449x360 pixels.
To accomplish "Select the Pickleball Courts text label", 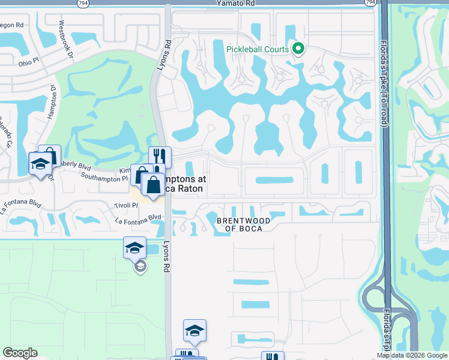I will [258, 49].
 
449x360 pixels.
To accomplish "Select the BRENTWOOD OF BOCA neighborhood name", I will [243, 224].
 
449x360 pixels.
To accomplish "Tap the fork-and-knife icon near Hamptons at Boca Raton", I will [160, 157].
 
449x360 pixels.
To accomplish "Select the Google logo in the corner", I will [20, 353].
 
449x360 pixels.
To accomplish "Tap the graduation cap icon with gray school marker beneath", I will [134, 247].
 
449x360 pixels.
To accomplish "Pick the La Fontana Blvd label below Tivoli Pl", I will [139, 217].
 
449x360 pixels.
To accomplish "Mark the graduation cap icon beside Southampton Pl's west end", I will [40, 163].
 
